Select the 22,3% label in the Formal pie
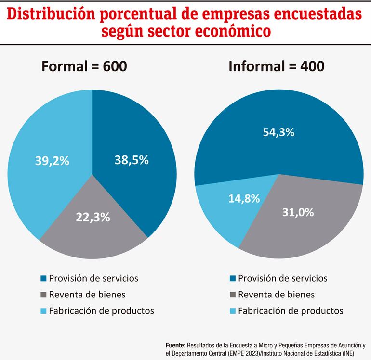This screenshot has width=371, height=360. [93, 217]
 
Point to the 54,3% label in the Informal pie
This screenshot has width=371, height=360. [278, 132]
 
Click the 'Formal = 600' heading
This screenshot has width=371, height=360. [84, 67]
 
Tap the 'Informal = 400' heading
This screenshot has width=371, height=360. [276, 67]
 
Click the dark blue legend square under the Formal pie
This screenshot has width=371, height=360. [44, 278]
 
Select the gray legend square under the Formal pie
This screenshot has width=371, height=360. [44, 295]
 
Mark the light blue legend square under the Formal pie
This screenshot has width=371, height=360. [44, 311]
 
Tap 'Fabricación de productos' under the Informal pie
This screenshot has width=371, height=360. [291, 311]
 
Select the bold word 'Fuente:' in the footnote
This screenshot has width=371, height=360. [175, 345]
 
